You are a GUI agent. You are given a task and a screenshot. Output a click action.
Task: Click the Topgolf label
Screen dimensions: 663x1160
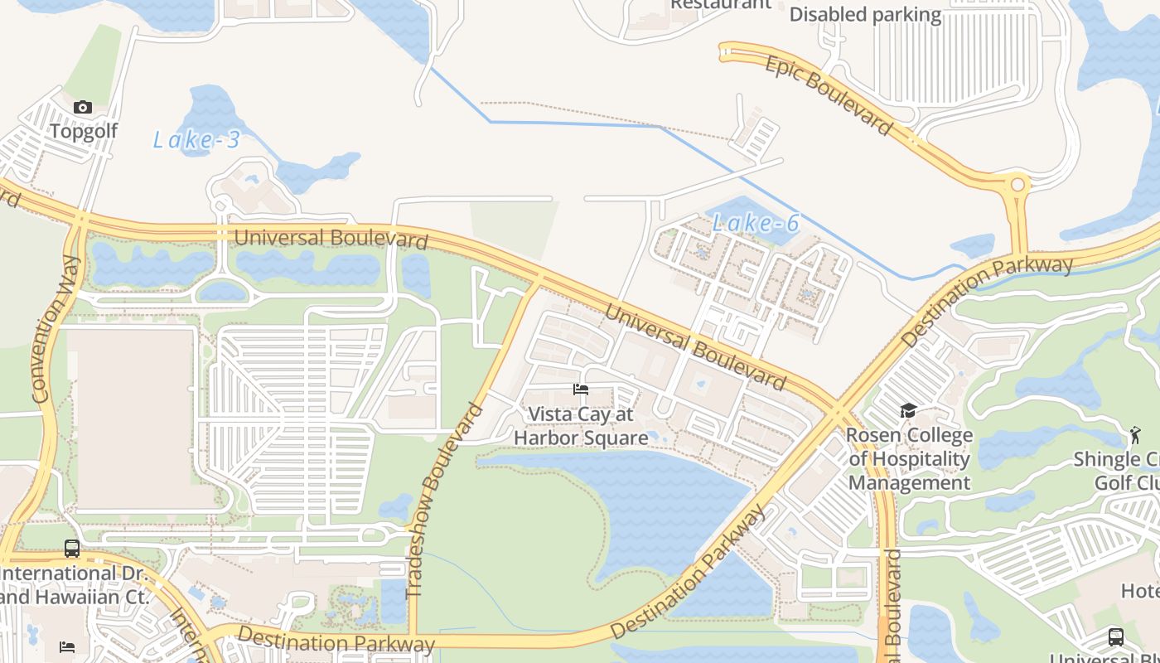point(84,131)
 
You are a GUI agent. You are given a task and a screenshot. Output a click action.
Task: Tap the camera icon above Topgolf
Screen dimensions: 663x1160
point(83,107)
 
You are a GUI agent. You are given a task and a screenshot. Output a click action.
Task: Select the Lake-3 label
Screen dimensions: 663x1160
point(196,140)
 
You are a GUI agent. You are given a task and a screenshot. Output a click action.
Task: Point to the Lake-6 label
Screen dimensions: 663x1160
point(756,223)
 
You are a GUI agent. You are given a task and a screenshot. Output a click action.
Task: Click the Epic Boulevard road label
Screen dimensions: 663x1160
point(829,95)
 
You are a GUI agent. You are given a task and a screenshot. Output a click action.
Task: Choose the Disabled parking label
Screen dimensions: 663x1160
point(865,15)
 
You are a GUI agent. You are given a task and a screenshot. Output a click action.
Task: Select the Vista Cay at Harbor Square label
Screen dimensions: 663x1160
point(581,426)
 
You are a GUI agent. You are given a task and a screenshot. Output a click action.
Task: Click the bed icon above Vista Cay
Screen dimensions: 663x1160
point(581,390)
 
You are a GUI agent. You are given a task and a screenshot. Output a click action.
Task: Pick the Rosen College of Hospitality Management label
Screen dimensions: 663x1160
point(909,459)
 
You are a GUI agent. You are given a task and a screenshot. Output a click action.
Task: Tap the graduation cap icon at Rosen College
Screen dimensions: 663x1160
point(908,411)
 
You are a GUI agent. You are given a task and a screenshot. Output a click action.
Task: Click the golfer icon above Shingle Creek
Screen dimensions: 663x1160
point(1134,434)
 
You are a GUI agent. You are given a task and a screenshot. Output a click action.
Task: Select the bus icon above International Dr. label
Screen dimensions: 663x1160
point(72,549)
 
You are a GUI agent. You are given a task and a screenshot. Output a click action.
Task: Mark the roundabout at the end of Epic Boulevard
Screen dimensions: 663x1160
point(1017,184)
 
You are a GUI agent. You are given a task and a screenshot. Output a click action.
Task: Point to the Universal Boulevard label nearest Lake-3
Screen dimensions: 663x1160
point(331,239)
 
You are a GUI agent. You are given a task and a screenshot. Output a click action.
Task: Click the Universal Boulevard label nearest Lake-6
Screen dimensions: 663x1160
point(694,346)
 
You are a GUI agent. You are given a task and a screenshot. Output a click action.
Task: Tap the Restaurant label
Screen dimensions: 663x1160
point(720,4)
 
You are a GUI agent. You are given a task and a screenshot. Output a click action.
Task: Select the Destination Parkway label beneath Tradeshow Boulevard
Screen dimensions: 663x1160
point(336,641)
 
